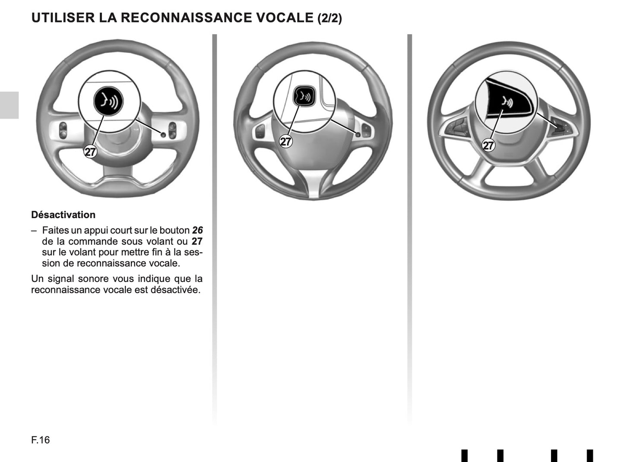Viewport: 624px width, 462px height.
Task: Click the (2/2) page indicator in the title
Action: pos(329,19)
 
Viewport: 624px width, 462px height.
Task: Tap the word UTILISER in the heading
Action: pos(63,18)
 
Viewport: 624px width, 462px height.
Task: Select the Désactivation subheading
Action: pos(63,215)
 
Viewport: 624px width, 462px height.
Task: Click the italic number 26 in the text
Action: pos(197,231)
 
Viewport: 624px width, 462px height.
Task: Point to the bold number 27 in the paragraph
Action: pos(197,241)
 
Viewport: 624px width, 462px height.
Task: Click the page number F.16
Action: pos(41,440)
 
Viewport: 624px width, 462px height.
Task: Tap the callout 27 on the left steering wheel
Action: pos(90,152)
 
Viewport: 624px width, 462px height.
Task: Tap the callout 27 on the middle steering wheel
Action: pos(285,141)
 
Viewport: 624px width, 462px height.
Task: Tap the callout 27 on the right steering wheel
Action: pos(488,146)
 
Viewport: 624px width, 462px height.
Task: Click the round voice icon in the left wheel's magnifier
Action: pos(108,101)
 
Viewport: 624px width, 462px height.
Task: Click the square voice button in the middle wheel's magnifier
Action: pos(305,97)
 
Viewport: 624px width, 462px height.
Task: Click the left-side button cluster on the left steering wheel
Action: pos(63,130)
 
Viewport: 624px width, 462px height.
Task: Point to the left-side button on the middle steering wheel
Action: pos(260,131)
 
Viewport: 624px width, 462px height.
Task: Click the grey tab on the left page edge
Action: pos(9,105)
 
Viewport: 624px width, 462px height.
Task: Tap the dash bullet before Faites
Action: pos(34,231)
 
